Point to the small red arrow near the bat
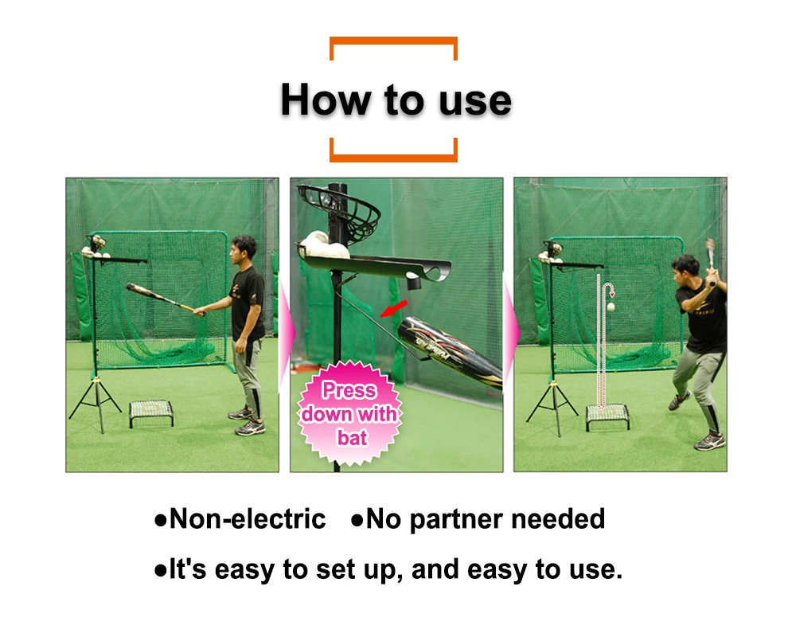[x=394, y=309]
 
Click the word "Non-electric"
[x=248, y=519]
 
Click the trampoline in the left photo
[x=151, y=412]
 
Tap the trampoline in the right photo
[x=607, y=416]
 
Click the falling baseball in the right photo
[x=611, y=307]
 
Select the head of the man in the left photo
[x=244, y=248]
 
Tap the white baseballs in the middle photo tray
[x=323, y=245]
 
